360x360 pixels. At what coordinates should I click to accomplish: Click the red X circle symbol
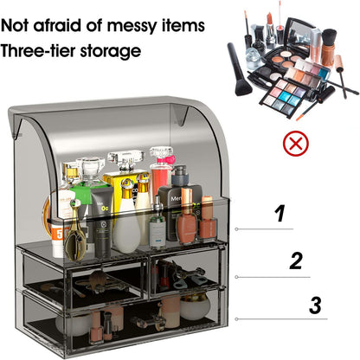point(296,142)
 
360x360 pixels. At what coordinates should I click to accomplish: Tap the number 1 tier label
point(279,213)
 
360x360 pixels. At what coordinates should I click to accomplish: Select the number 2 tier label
point(296,260)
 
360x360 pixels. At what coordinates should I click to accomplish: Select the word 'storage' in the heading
point(110,51)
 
